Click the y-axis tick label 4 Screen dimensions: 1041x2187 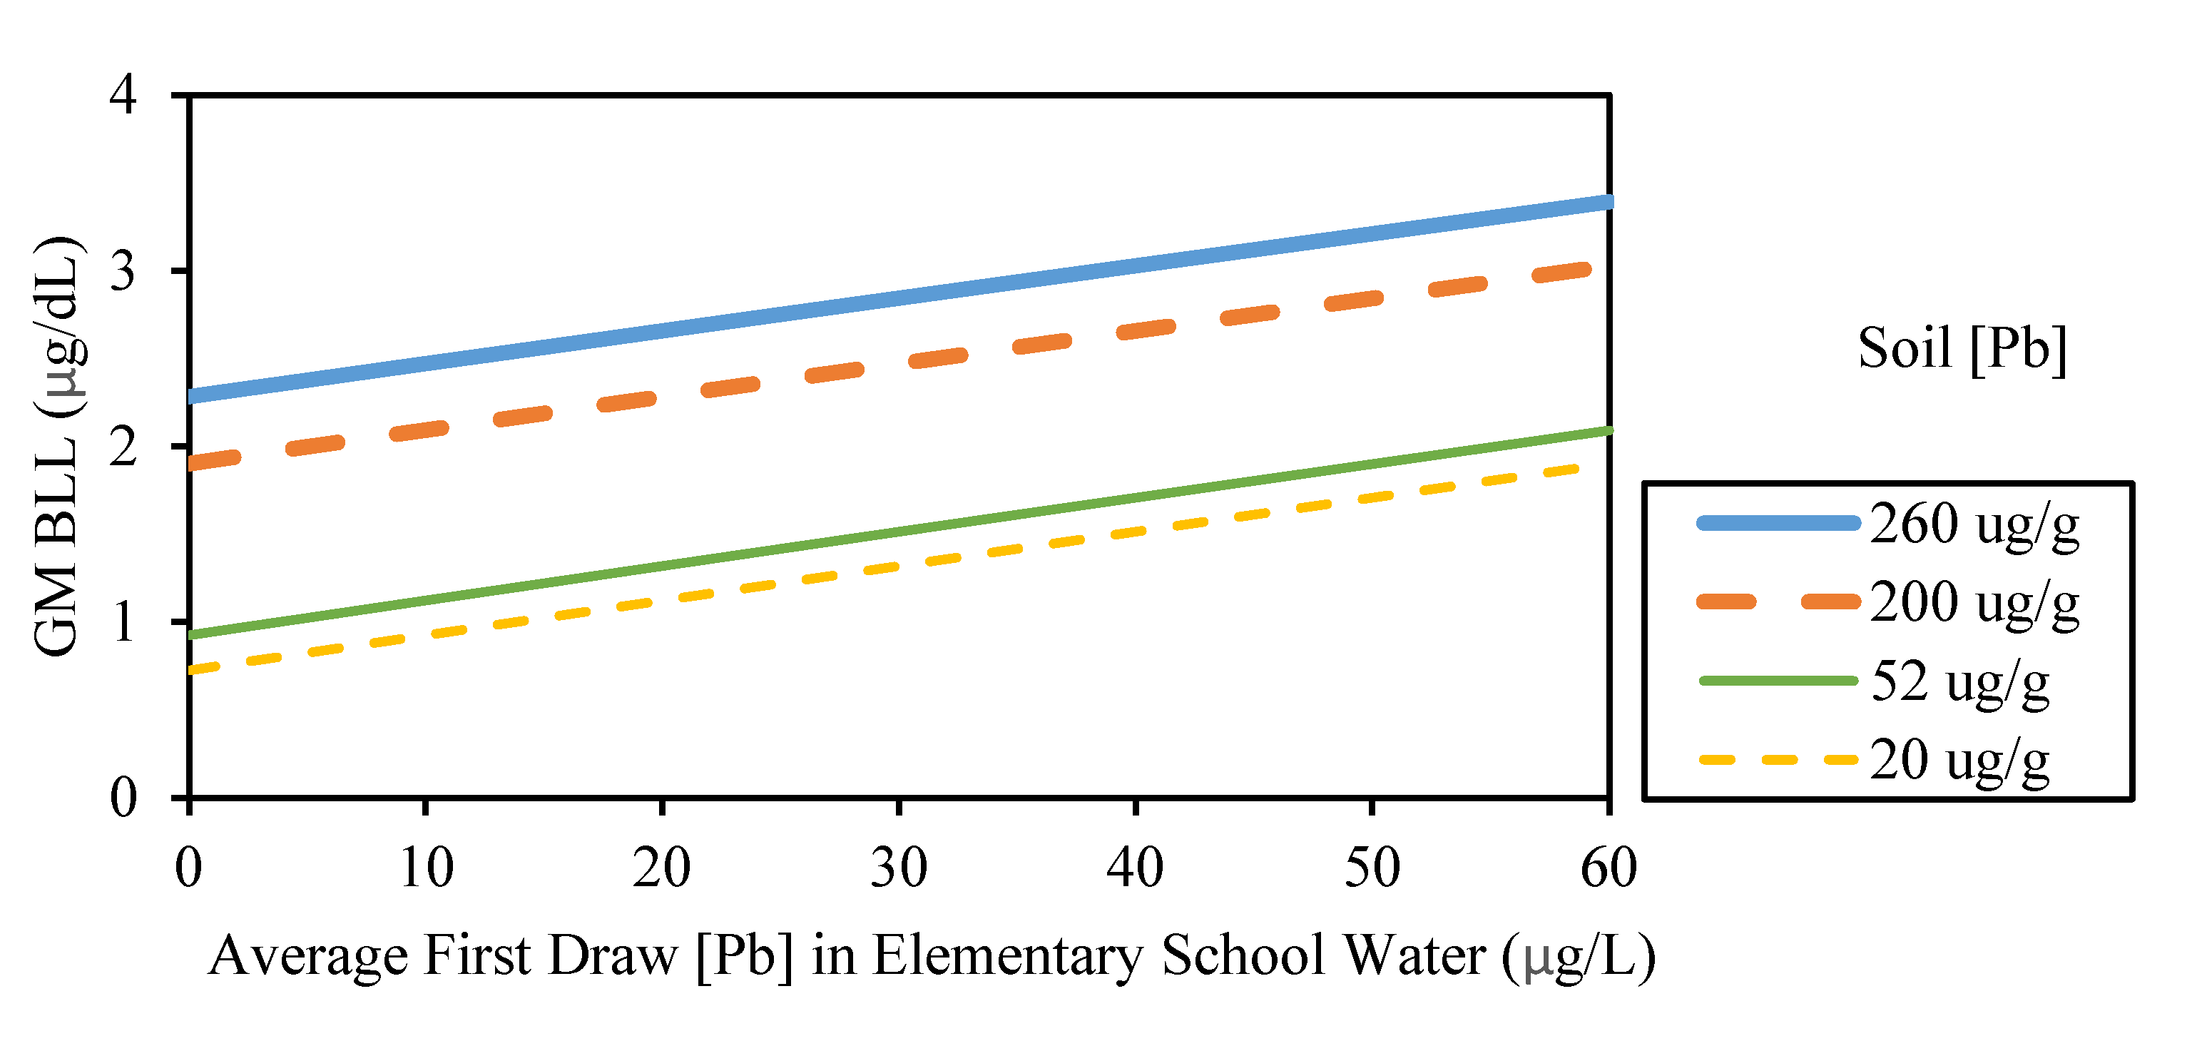(123, 95)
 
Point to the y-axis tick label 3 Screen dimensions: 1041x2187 (123, 272)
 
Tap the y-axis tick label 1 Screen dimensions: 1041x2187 (123, 622)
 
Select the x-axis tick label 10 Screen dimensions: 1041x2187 (425, 868)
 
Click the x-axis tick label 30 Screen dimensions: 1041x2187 (898, 868)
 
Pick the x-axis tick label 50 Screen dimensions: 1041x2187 (1371, 868)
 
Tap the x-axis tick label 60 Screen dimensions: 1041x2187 (1608, 868)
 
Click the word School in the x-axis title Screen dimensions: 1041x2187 (1243, 956)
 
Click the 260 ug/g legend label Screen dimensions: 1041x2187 (1974, 524)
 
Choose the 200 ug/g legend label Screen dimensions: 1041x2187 (1974, 604)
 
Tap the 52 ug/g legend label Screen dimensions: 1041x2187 (1959, 682)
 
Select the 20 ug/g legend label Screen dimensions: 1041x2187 (1959, 761)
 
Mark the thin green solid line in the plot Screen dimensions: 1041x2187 (898, 532)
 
